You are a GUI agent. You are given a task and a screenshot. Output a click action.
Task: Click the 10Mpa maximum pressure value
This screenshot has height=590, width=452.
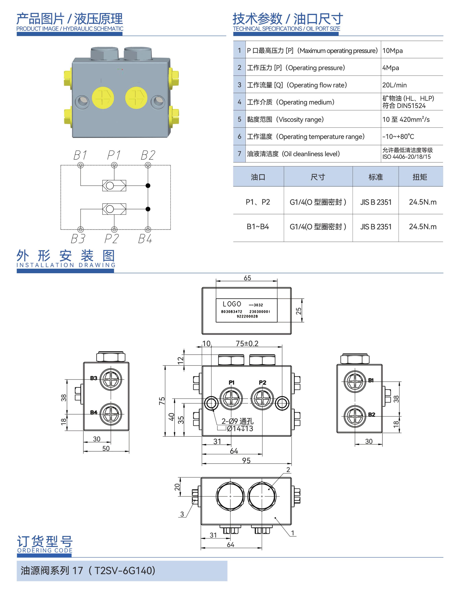coord(392,51)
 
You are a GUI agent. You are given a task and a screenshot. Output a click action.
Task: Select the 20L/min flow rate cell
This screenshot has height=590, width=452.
coord(394,85)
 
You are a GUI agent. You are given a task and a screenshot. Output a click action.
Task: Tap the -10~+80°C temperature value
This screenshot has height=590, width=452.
coord(398,136)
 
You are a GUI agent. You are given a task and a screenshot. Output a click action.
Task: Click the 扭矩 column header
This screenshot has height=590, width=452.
coord(420,177)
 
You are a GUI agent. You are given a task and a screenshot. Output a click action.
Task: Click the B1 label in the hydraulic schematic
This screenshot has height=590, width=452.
coord(80,155)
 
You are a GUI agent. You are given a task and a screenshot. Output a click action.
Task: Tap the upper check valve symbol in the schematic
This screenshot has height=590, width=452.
coord(114,185)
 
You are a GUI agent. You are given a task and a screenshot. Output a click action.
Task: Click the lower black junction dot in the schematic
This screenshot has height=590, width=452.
coord(148,209)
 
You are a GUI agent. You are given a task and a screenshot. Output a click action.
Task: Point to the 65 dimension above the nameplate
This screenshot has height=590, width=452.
coord(247,278)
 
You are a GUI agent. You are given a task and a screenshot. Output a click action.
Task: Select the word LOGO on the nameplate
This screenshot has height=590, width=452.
coord(232,304)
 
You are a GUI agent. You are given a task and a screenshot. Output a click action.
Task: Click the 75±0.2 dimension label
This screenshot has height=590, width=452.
coord(247,344)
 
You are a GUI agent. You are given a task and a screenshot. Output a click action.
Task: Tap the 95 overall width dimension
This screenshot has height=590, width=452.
coord(246,460)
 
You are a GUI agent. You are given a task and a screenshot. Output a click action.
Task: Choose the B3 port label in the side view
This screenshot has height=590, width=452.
coord(93,378)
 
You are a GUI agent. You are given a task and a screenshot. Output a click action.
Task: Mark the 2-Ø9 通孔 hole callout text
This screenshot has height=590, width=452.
coord(237,421)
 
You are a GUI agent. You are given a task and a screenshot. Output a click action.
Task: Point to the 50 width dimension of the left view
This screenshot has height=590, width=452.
coord(106,448)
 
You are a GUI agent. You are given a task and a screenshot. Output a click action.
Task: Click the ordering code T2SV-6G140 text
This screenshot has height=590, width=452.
coord(125,570)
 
